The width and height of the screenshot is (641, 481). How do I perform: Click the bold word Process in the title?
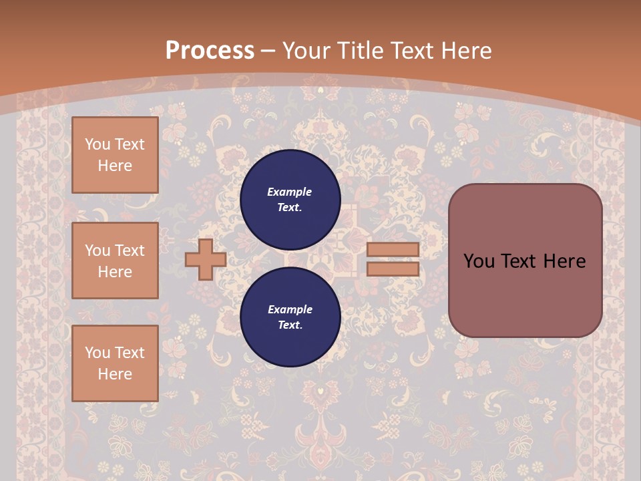click(210, 50)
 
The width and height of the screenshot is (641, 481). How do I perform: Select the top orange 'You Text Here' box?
click(115, 155)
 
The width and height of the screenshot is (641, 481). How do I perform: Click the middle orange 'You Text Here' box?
click(115, 261)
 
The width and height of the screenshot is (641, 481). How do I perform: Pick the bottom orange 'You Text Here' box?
click(115, 363)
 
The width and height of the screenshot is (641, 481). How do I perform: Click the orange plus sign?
click(206, 260)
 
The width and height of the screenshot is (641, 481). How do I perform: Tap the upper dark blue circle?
click(290, 199)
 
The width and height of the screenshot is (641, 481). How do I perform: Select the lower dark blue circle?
click(290, 317)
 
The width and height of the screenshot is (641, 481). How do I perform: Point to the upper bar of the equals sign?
click(393, 250)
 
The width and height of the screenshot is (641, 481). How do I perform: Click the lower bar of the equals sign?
click(393, 269)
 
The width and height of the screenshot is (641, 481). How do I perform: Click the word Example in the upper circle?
click(290, 192)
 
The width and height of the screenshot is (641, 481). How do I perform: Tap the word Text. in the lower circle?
click(290, 325)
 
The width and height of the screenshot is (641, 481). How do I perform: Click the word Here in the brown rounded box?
click(564, 261)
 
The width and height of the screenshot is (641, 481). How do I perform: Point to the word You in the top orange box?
click(97, 144)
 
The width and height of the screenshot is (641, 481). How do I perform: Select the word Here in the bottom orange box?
click(115, 374)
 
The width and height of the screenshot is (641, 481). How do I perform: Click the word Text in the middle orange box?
click(130, 251)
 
